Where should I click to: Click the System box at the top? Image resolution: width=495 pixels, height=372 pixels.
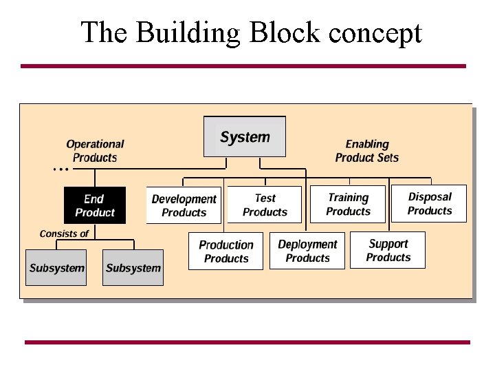[245, 136]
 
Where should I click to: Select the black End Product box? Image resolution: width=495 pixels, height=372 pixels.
[95, 205]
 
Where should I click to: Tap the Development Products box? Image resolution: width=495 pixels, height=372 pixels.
[184, 205]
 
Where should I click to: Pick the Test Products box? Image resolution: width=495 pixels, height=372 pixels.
[265, 205]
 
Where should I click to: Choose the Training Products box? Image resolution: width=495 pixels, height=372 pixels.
[348, 204]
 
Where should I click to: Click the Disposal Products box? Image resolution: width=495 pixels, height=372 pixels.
[429, 203]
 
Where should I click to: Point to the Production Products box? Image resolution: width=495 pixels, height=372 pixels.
[225, 251]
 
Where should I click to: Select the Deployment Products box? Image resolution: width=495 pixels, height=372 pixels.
[307, 251]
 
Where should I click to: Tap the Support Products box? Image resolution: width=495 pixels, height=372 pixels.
[388, 250]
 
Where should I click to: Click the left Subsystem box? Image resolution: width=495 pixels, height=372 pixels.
[56, 268]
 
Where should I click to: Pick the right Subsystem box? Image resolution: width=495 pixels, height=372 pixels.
[133, 268]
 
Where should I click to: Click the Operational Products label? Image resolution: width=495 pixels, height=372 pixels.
[95, 151]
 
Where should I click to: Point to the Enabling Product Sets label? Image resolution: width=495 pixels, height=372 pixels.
[366, 151]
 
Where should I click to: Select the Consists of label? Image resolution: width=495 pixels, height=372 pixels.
[64, 234]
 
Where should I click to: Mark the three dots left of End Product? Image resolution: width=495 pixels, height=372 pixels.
[60, 169]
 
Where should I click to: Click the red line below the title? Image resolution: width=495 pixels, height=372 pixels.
[243, 66]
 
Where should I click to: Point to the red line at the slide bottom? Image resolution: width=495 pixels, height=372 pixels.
[247, 342]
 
